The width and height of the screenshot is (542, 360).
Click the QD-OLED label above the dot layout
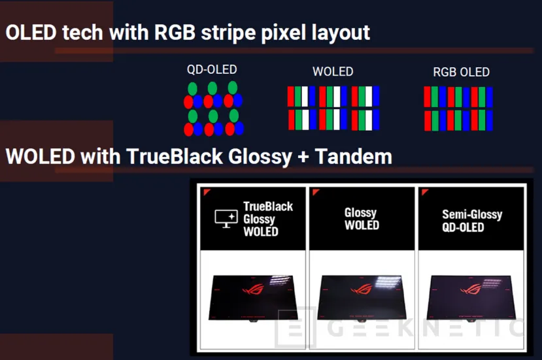(212, 70)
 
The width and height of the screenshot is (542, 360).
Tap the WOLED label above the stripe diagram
(333, 72)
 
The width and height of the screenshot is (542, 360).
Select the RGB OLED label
(461, 73)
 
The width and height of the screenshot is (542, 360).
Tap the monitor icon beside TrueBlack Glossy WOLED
(226, 219)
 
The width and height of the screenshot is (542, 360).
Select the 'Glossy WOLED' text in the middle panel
(362, 219)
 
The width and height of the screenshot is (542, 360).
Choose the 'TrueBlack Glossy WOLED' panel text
(268, 219)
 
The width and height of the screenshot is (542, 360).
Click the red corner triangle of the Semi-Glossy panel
(426, 193)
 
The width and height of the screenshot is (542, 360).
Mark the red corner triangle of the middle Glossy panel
(316, 193)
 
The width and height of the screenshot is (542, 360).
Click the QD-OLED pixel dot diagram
(213, 108)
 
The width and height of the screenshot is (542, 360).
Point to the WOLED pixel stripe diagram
(333, 108)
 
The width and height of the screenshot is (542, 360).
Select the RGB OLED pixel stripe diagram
(458, 108)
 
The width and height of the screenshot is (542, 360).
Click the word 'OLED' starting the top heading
(30, 32)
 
